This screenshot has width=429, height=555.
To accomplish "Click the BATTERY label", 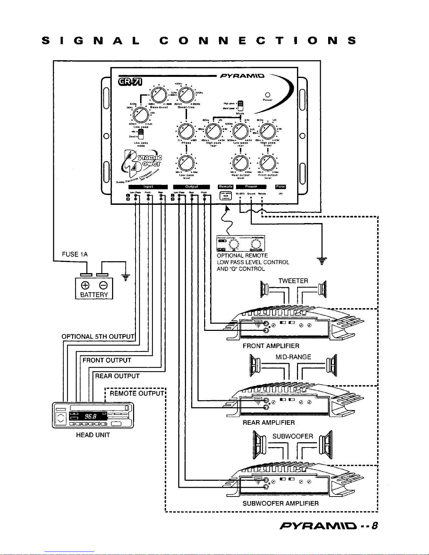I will point(94,294).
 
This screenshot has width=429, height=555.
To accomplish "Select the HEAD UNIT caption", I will point(93,435).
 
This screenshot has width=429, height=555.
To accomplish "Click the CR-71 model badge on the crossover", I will point(131,82).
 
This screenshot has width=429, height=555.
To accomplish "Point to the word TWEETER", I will point(293,281).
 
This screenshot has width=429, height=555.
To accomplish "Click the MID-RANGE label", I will point(293,357).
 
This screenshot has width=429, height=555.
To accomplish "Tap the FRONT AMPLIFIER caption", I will point(271,346).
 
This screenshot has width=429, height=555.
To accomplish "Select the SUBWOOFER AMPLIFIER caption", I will point(281,504).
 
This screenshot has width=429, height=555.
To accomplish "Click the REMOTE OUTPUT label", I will point(137,393).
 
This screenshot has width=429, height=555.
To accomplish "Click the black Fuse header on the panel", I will point(281,187).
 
